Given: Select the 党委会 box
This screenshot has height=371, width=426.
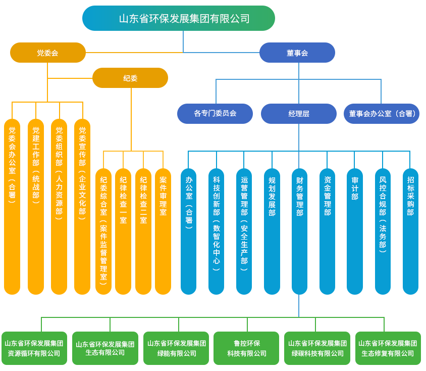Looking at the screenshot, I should [x=48, y=53].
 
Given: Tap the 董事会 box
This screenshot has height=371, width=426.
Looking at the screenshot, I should [x=297, y=53].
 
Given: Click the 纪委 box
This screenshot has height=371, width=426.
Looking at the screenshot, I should [x=130, y=78].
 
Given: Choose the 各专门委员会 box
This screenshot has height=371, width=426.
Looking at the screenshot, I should [x=215, y=113].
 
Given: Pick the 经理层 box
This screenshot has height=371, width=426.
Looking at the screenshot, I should [x=299, y=113].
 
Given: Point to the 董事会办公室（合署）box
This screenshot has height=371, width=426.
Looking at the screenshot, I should [x=382, y=113].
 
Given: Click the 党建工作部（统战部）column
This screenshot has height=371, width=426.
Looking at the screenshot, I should [x=36, y=206].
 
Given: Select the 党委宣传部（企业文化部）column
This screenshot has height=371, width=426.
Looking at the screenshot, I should [x=82, y=206].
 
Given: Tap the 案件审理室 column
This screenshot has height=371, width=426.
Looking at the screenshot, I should [x=163, y=231].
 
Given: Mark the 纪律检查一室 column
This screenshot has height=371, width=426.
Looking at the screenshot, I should [x=123, y=231].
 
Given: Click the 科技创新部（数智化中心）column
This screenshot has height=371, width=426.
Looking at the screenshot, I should [x=216, y=231].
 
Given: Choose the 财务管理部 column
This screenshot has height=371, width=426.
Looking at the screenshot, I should [x=299, y=231].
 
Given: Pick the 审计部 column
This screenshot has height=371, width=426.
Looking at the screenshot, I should [x=354, y=231].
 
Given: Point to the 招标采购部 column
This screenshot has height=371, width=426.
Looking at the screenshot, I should [x=410, y=231].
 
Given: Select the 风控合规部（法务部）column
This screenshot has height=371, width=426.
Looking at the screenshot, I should [x=383, y=231].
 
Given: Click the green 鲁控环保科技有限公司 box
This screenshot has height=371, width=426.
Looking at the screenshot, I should [x=246, y=348].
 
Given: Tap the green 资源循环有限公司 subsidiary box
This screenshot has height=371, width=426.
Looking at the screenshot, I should [x=34, y=348].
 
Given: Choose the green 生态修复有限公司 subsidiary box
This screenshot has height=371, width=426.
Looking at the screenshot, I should [x=388, y=348].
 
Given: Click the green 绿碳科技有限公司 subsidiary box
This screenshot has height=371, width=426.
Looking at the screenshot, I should [x=317, y=348].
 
